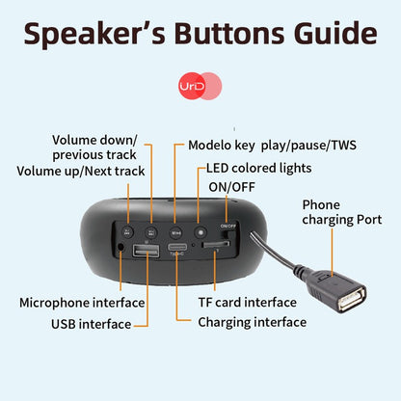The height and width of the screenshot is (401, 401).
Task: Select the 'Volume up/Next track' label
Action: pos(80,171)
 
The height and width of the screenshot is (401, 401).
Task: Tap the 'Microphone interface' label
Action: pos(82,302)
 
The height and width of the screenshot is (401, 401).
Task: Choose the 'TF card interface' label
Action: pos(248,302)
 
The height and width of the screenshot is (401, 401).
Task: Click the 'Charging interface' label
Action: pos(252,322)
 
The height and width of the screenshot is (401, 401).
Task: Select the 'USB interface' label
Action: pos(91,324)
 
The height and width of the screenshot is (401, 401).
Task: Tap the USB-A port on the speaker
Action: pos(147,253)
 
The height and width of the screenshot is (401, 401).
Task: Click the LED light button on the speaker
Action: pos(200,230)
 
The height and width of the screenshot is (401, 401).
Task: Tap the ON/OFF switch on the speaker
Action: pos(227,234)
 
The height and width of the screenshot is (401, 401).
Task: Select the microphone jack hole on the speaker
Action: pos(120,248)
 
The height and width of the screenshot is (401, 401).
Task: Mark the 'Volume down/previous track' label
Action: pos(94,147)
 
